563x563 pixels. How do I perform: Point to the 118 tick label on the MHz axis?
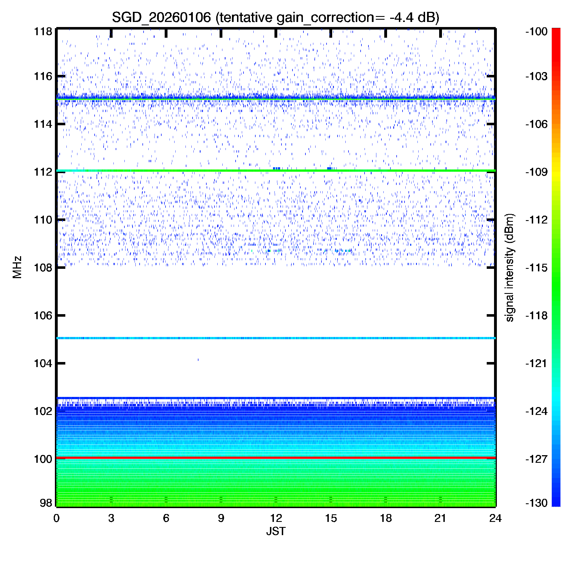point(43,32)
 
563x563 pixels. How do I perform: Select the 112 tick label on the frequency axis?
point(43,172)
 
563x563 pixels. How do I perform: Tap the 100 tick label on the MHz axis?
point(43,459)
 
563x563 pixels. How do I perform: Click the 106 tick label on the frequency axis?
point(43,316)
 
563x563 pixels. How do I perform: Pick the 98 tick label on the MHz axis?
point(46,503)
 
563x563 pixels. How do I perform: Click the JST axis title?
point(276,531)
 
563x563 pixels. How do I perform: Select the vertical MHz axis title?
point(17,267)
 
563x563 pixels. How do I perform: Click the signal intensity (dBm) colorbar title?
point(510,267)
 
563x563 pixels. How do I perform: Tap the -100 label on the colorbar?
point(537,32)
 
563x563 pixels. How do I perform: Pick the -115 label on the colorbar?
point(537,267)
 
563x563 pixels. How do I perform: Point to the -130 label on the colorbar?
point(537,503)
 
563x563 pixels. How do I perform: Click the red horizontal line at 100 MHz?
point(276,458)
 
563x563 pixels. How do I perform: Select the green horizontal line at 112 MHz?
point(276,171)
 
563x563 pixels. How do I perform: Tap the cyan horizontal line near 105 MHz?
point(276,338)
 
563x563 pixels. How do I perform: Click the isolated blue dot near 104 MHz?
point(198,360)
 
